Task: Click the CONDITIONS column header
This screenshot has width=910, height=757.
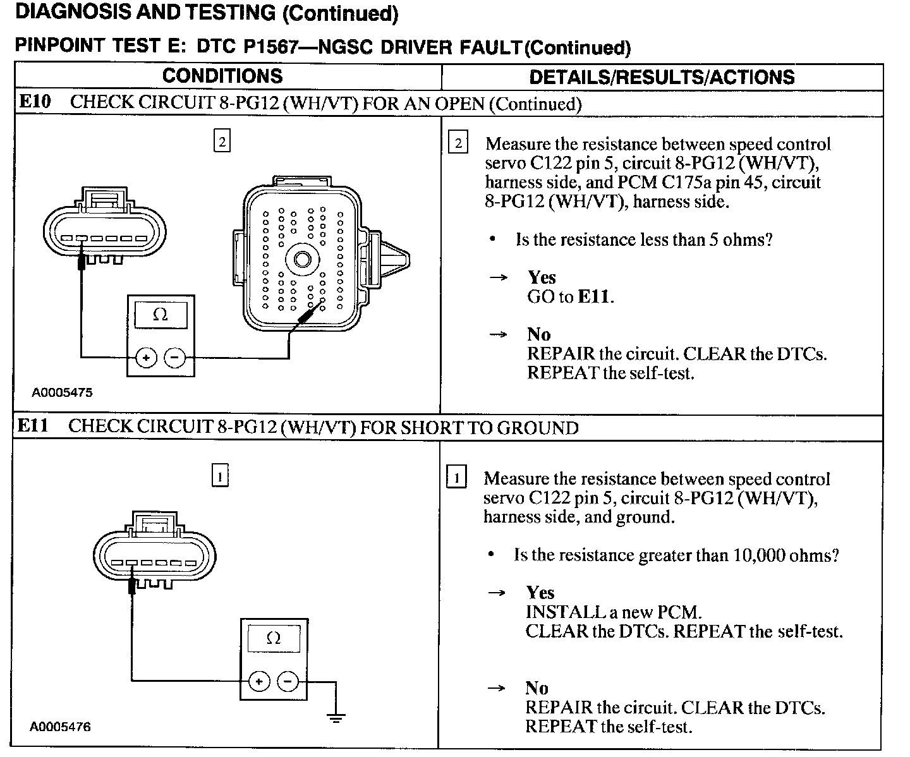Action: coord(222,76)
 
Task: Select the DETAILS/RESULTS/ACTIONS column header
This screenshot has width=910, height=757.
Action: coord(662,77)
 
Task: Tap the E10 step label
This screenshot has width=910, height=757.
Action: coord(35,102)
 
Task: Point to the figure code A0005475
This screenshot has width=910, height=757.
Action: coord(62,392)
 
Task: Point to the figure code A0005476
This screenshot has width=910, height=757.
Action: coord(61,727)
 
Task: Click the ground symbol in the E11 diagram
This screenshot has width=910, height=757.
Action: coord(336,717)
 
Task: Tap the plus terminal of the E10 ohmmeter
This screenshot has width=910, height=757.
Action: coord(146,358)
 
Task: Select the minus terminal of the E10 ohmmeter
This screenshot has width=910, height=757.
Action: coord(174,358)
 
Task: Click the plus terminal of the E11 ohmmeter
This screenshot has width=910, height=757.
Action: coord(258,681)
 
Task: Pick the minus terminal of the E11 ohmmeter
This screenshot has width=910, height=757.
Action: coord(288,681)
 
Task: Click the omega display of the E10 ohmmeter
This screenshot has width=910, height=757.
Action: coord(161,315)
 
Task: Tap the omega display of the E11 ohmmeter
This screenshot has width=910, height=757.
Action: coord(273,638)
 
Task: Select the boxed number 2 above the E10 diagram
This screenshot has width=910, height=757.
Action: coord(222,142)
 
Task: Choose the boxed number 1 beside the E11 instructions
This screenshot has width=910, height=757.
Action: coord(456,477)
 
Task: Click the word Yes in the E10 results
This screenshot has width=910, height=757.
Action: coord(542,277)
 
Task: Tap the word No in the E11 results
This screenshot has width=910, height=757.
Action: coord(537,687)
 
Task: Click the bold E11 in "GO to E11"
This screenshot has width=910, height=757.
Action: coord(595,296)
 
